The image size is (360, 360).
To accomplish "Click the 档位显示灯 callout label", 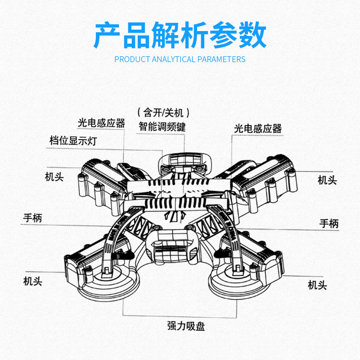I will (x=73, y=140).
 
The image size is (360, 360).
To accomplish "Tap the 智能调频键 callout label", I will (x=162, y=126).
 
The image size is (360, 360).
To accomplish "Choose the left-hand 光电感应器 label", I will (x=101, y=123).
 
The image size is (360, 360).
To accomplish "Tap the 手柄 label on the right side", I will (x=329, y=223).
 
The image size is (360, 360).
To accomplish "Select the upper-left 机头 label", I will (x=54, y=176).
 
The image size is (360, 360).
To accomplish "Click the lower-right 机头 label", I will (x=317, y=285).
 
